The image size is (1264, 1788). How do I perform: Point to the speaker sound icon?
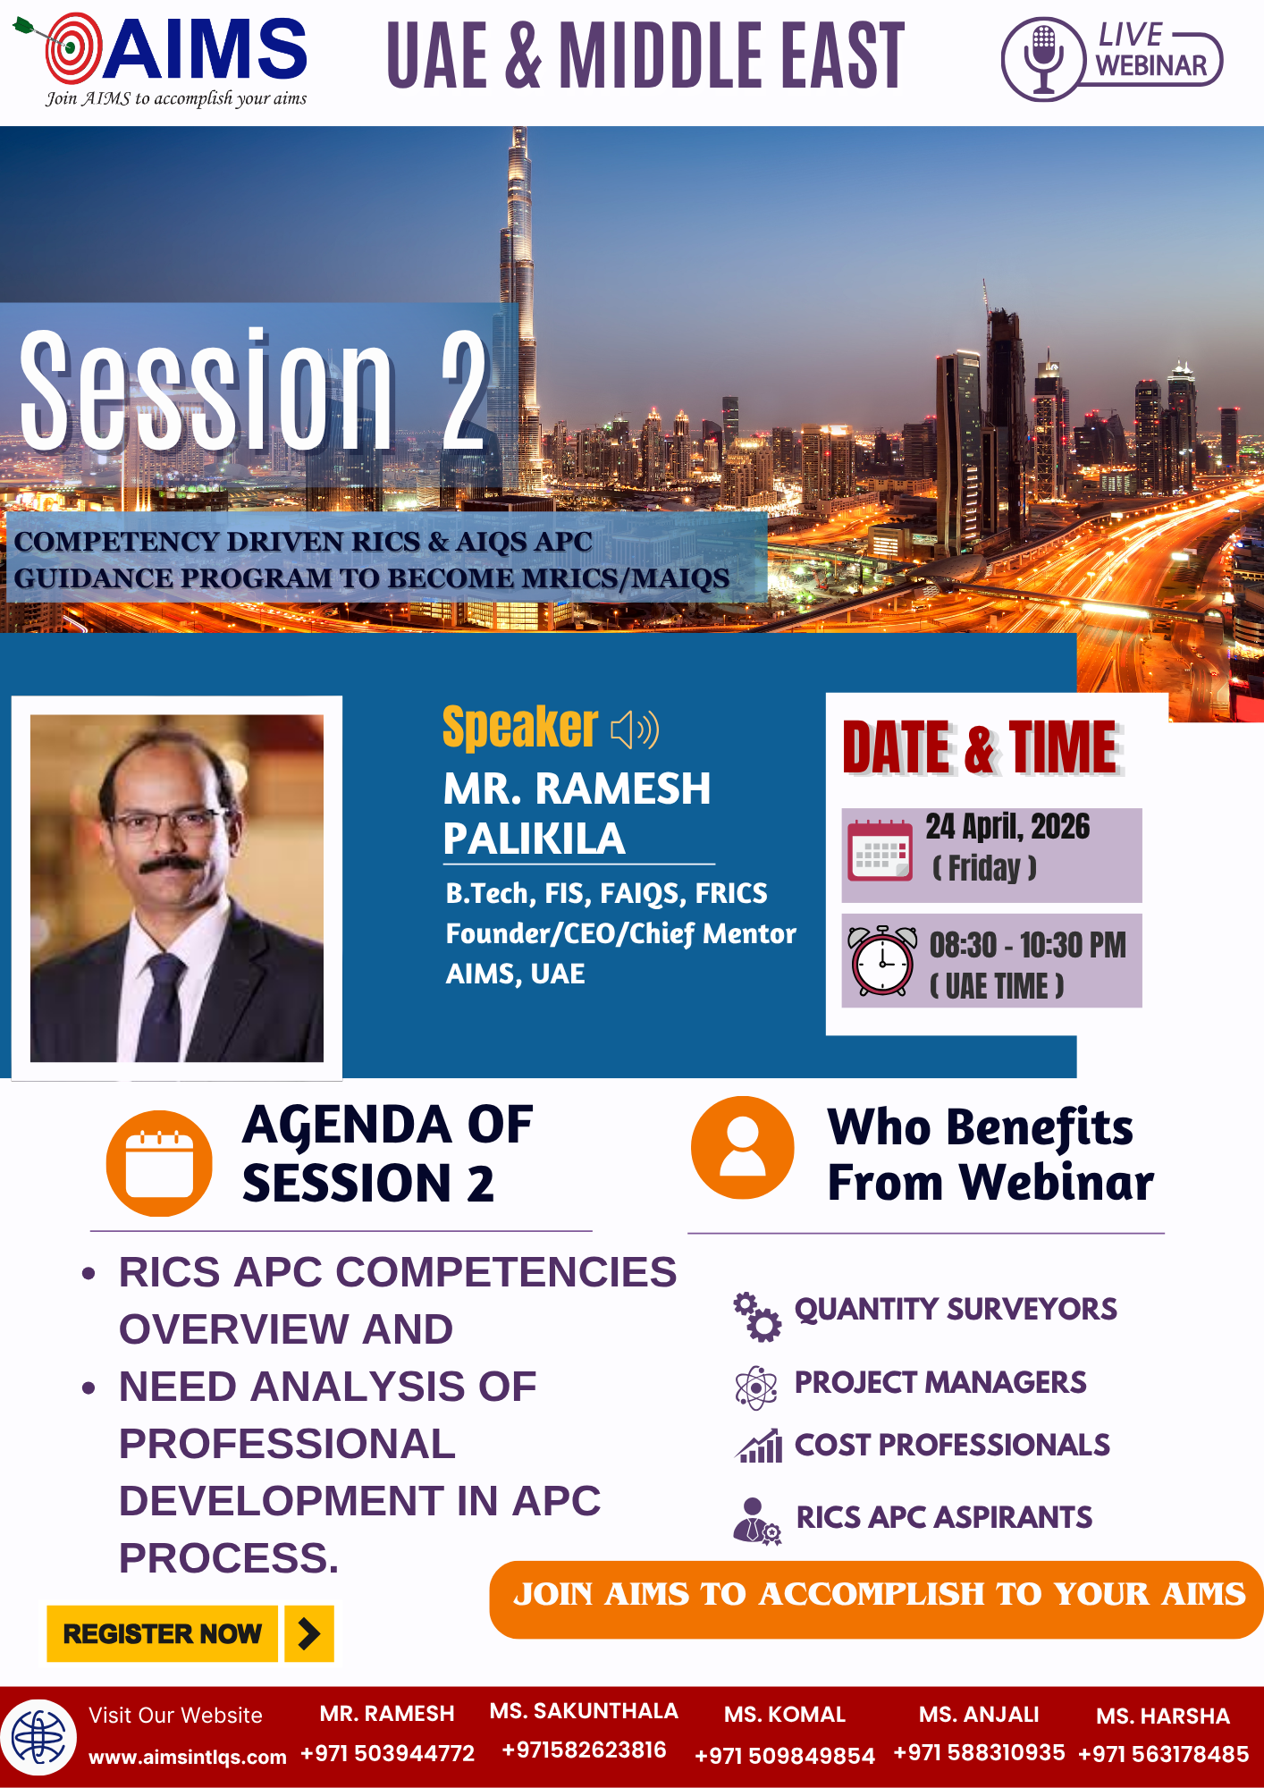(635, 730)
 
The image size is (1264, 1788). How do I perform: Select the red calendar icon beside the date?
(881, 849)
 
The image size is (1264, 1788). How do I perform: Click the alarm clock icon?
(882, 961)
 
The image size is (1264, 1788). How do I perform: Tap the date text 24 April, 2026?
(1007, 827)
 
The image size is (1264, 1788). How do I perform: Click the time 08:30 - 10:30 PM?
(1028, 945)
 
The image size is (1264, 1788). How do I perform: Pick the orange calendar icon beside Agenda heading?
(159, 1163)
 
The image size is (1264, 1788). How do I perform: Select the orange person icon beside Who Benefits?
(743, 1148)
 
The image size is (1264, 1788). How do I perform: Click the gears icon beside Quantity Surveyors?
(757, 1317)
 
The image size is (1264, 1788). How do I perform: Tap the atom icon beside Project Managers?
(756, 1387)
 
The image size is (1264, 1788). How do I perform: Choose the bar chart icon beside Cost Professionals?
(759, 1446)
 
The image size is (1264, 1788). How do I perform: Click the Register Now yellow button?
(162, 1633)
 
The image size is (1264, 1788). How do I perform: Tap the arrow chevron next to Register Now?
(309, 1633)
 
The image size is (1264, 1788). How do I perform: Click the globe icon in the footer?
(38, 1738)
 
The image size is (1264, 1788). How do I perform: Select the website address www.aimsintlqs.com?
(188, 1757)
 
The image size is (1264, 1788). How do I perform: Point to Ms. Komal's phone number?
(785, 1756)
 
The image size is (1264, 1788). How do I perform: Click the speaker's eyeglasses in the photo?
(167, 822)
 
